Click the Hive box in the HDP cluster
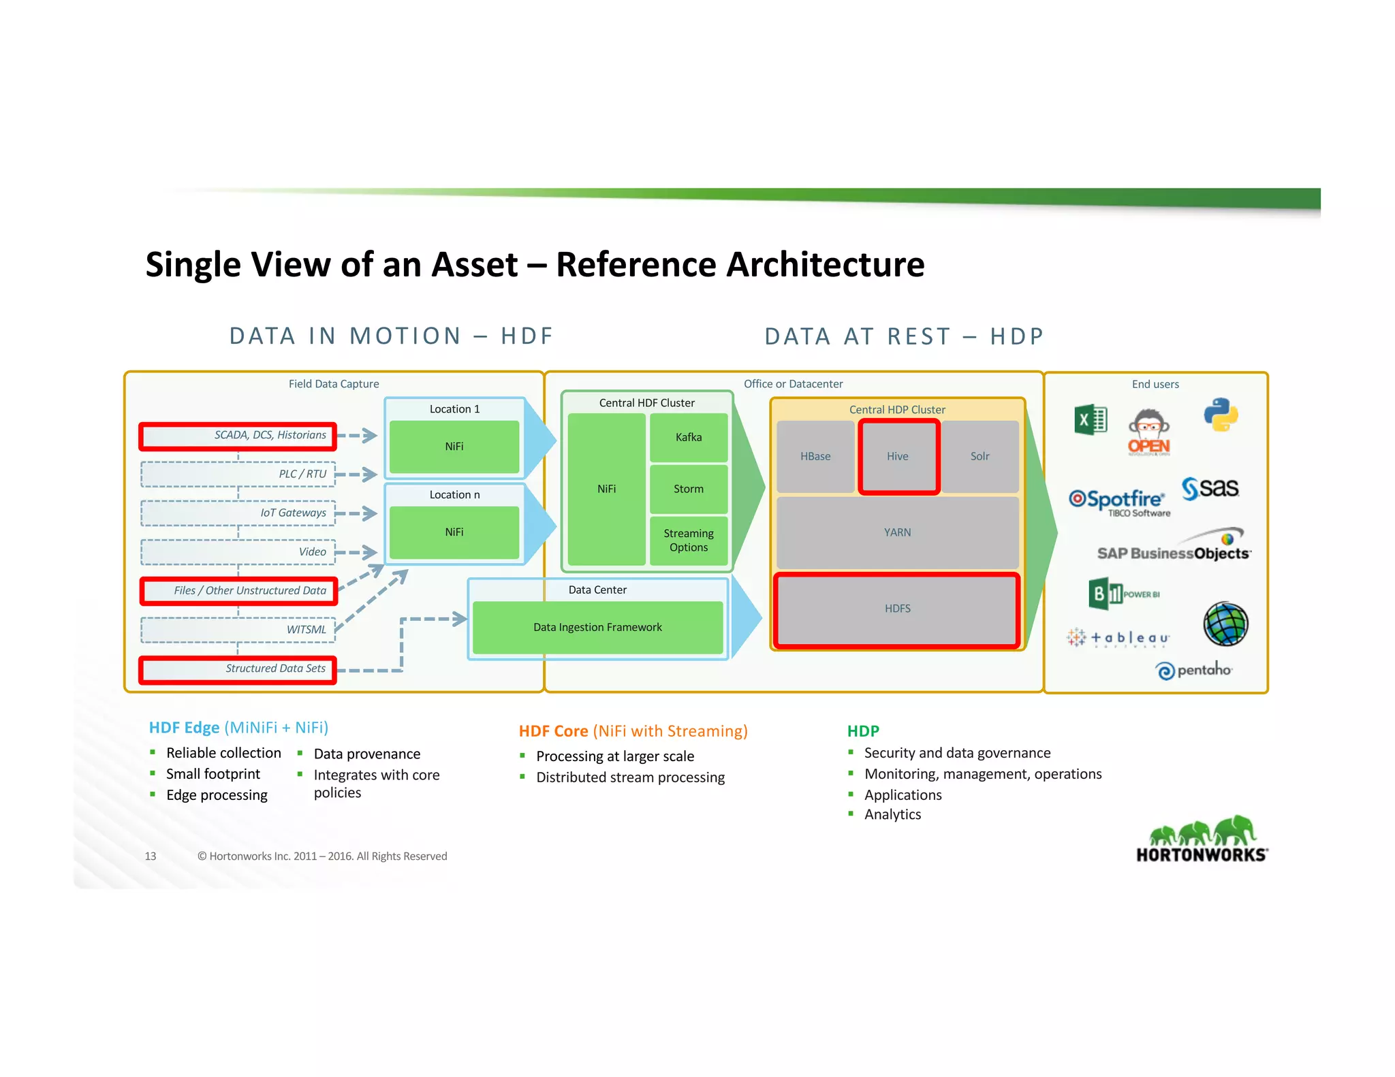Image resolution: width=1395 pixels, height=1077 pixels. pos(898,456)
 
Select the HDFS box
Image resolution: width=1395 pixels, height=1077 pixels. pos(897,609)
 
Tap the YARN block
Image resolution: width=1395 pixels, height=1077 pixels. pos(897,532)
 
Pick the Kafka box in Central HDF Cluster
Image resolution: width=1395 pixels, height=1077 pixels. pos(688,437)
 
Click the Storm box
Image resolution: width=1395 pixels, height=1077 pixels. pos(688,489)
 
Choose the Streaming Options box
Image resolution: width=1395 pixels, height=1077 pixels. pos(688,541)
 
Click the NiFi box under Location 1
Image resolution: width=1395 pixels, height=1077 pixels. pos(454,447)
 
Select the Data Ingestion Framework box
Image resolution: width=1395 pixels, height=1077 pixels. pos(597,627)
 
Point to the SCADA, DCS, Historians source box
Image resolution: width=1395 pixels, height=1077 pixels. pos(238,436)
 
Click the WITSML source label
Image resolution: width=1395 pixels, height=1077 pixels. pos(306,630)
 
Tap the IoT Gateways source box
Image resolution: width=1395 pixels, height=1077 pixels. pos(238,513)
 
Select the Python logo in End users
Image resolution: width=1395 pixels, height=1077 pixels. pos(1220,415)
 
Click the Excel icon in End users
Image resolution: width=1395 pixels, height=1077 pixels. pos(1090,419)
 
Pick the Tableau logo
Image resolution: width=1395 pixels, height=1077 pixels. pos(1118,638)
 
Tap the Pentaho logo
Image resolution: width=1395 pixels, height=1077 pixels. pos(1193,671)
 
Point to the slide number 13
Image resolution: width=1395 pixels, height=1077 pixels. pos(151,856)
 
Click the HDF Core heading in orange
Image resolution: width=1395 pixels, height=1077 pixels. pos(633,731)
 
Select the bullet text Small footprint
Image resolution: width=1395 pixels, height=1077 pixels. pos(213,774)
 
